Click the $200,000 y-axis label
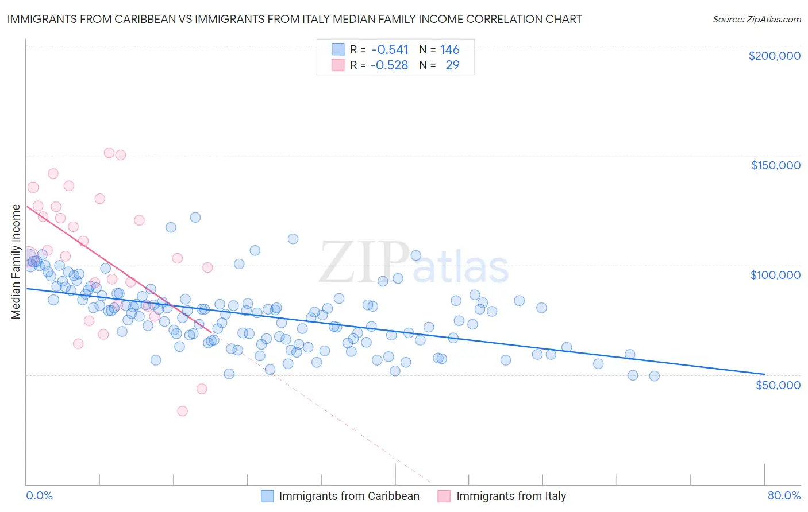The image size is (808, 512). [774, 56]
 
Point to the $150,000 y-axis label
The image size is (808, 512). [775, 165]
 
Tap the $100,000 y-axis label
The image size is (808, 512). [775, 275]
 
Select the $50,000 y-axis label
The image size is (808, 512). [778, 385]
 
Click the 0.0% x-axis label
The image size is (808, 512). [39, 495]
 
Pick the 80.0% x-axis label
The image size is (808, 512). [784, 495]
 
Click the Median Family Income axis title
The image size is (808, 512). [16, 262]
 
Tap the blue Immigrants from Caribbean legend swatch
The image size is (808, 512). [267, 496]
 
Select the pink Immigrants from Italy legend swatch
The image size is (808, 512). [444, 496]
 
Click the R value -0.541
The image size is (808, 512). [389, 50]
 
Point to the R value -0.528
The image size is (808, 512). [389, 65]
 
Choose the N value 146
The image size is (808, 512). [449, 50]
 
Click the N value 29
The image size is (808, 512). [452, 65]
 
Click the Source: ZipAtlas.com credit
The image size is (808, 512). [756, 20]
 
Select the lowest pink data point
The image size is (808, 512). [182, 411]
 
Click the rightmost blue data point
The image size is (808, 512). [654, 376]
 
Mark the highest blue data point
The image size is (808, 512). [195, 218]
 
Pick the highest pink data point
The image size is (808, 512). [109, 153]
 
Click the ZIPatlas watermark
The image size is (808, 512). [414, 262]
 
